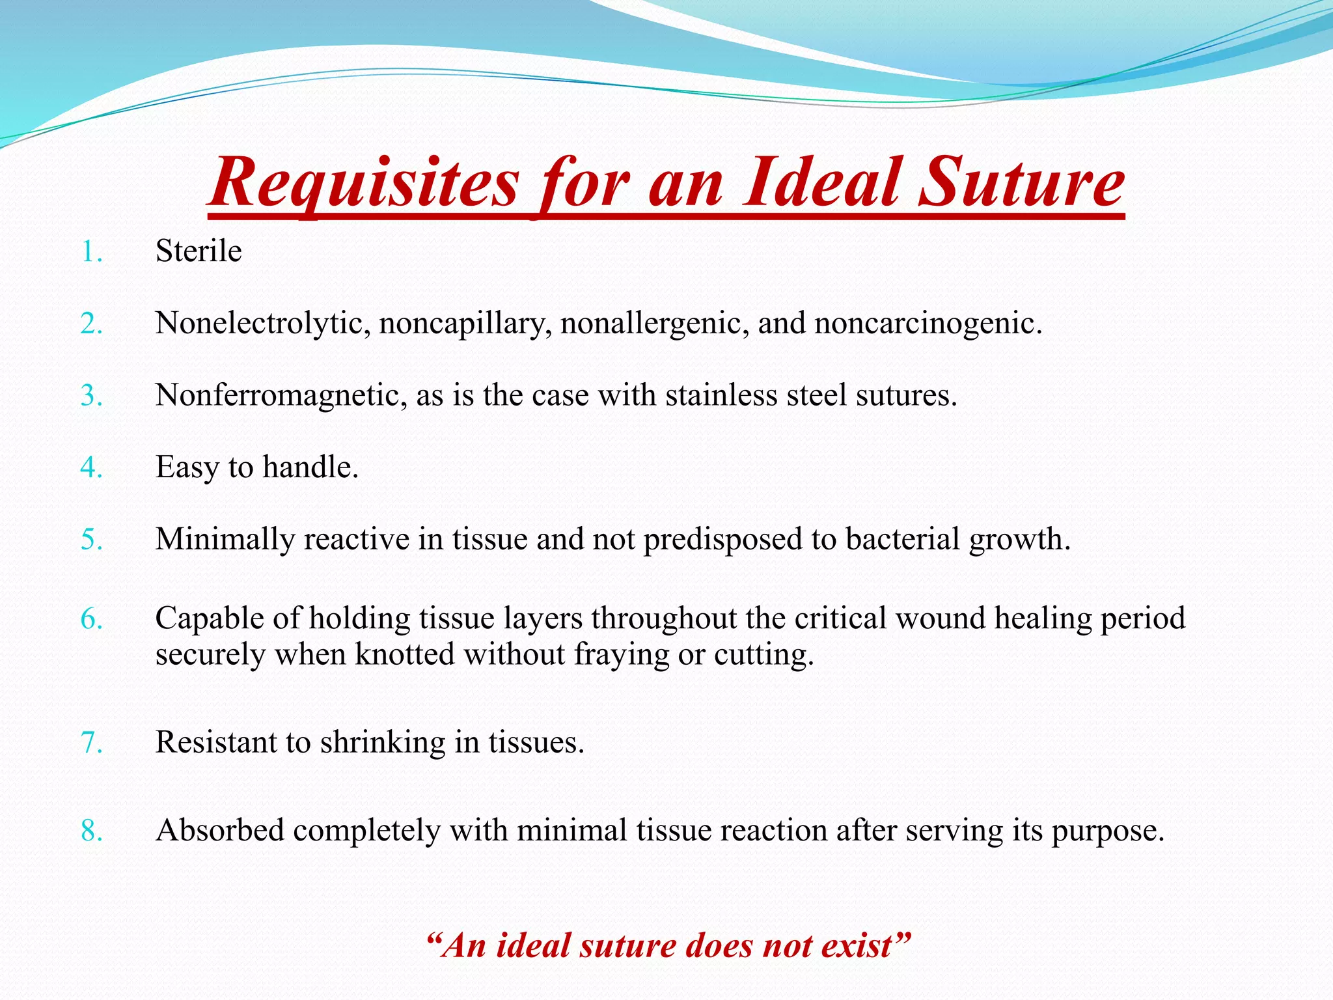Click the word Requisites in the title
coord(364,184)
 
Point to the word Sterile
coord(199,251)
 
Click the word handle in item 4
coord(310,467)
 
